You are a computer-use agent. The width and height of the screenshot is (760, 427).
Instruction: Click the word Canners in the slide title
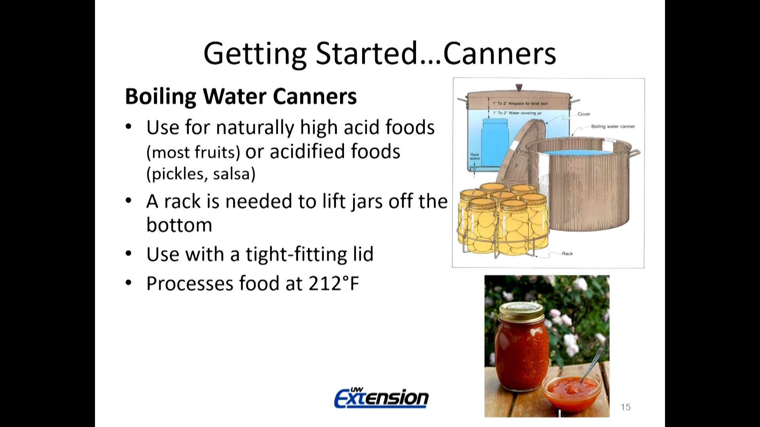(x=500, y=53)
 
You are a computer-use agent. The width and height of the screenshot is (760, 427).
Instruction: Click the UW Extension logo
(x=382, y=397)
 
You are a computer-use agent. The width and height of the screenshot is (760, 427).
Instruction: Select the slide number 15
(x=625, y=407)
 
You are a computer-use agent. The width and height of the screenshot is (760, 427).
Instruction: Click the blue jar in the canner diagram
(x=495, y=144)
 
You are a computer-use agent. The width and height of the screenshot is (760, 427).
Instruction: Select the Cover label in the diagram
(x=584, y=114)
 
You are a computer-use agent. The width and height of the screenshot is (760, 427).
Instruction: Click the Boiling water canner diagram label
(x=613, y=127)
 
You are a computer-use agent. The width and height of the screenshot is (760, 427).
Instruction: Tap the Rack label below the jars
(x=567, y=253)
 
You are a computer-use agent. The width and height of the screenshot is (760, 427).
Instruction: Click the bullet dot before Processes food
(x=128, y=283)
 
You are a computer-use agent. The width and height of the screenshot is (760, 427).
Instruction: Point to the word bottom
(x=179, y=225)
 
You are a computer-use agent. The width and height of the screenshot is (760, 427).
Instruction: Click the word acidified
(x=308, y=151)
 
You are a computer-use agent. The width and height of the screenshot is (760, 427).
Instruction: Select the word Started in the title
(x=367, y=53)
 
